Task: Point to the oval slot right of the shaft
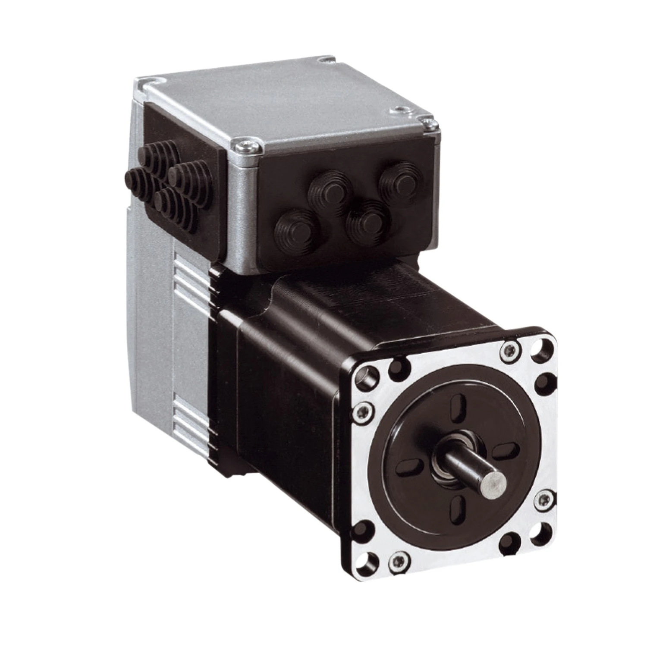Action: point(506,451)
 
